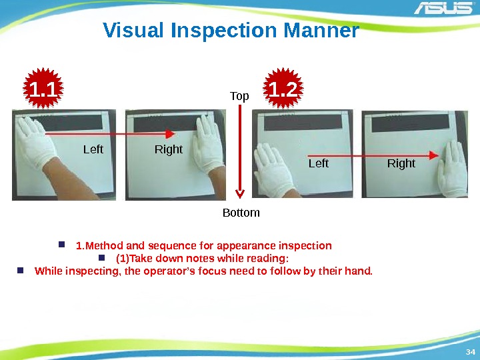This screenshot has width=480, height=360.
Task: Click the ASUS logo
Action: click(x=443, y=7)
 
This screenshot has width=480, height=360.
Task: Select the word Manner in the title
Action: click(x=321, y=30)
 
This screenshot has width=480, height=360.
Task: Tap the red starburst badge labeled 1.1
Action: click(x=43, y=88)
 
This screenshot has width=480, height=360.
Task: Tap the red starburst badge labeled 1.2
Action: click(x=283, y=88)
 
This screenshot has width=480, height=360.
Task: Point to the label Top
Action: click(x=239, y=96)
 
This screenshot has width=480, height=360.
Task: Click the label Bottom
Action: click(x=241, y=213)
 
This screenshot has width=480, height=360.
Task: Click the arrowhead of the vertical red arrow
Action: click(x=240, y=194)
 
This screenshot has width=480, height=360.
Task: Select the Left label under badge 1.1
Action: click(x=93, y=149)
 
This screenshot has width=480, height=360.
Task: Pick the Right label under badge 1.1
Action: click(x=169, y=149)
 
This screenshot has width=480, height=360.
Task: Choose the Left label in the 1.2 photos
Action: click(x=319, y=163)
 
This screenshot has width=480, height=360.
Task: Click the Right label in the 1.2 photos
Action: click(x=401, y=163)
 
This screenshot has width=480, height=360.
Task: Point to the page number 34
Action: click(x=471, y=352)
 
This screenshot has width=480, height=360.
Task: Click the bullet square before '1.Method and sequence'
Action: click(x=61, y=244)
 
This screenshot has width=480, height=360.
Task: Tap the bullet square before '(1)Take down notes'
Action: click(x=102, y=257)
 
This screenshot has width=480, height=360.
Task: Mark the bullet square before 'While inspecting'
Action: click(x=21, y=270)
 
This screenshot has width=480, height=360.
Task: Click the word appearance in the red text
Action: click(x=247, y=246)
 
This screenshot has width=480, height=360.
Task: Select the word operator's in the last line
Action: click(x=169, y=271)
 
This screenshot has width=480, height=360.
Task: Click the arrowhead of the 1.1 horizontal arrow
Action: click(x=170, y=134)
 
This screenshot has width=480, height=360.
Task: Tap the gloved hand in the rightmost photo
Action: click(x=452, y=169)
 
